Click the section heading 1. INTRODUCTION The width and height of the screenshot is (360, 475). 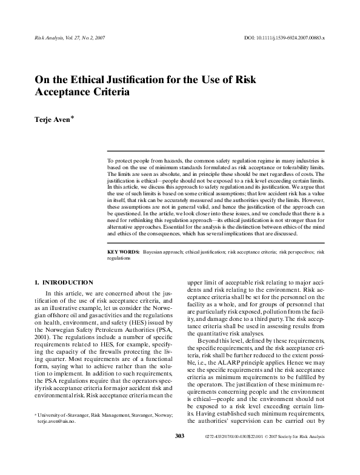tap(64, 282)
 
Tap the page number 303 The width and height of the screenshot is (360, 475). tap(179, 453)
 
